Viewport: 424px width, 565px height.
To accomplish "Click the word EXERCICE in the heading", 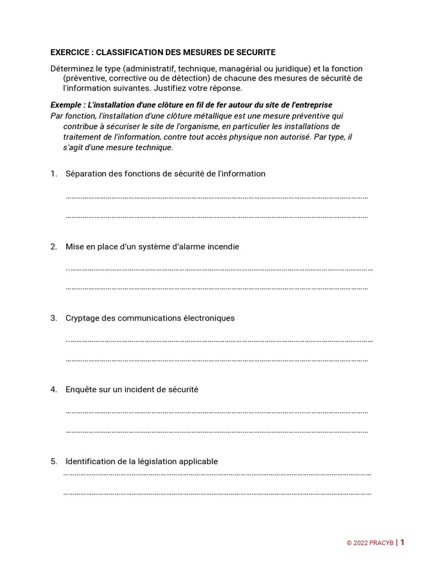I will click(x=70, y=52).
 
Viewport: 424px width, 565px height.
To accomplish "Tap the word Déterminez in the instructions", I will click(x=70, y=68).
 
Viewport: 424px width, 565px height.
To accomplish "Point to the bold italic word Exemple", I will click(x=65, y=105).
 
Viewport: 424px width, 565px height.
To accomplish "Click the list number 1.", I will click(x=54, y=174).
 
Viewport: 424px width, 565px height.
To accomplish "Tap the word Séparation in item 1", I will click(x=86, y=174).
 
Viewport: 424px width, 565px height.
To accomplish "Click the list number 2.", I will click(x=54, y=247).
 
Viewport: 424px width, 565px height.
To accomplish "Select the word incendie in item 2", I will click(x=222, y=247).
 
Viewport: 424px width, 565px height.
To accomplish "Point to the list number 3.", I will click(x=54, y=318).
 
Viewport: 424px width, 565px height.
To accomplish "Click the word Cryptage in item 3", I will click(x=82, y=318).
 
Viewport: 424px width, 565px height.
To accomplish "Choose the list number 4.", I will click(x=54, y=390).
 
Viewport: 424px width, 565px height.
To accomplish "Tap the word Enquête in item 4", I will click(x=81, y=390).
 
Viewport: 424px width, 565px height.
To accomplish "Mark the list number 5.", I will click(x=54, y=461).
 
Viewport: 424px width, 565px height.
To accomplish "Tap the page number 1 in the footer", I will click(x=402, y=542).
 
